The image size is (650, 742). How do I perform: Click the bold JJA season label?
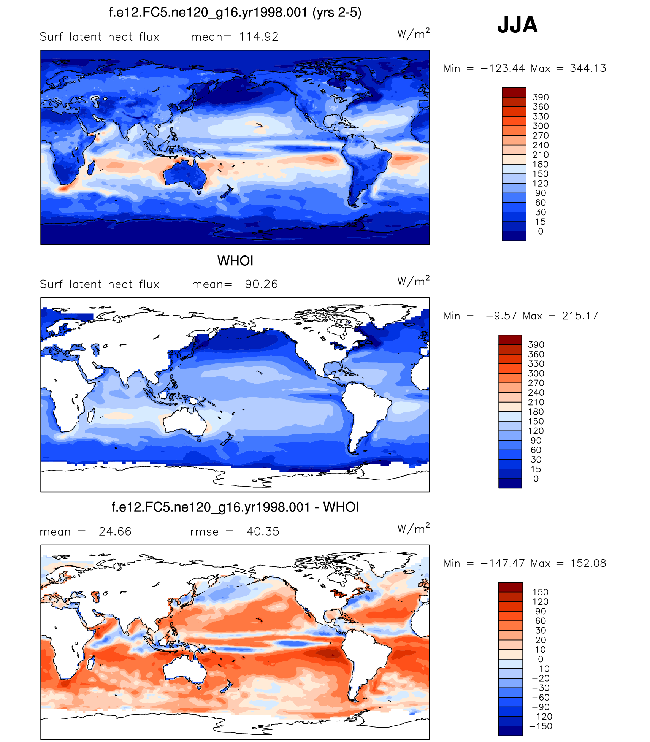(517, 25)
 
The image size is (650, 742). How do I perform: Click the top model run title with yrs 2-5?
(235, 13)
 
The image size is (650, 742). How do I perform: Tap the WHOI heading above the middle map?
(235, 261)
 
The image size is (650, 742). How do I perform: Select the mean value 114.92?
(258, 37)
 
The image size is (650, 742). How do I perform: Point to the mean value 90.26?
(261, 284)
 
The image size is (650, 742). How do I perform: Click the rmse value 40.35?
(263, 531)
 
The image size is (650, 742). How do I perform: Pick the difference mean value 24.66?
(115, 531)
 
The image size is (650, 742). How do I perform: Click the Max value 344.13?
(588, 68)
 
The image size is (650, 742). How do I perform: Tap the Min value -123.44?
(503, 68)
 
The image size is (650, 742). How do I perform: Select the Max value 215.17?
(580, 316)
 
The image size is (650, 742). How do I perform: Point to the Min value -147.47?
(503, 563)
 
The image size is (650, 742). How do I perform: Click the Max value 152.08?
(588, 563)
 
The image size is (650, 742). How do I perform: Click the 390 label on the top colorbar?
(540, 97)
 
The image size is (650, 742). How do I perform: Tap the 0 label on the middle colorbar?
(536, 479)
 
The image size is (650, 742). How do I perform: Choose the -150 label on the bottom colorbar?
(540, 726)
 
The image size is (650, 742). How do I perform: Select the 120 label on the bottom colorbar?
(540, 602)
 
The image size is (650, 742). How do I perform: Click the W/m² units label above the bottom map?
(413, 528)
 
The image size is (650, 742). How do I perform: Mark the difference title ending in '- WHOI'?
(235, 507)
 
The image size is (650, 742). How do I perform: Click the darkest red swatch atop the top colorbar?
(514, 92)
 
